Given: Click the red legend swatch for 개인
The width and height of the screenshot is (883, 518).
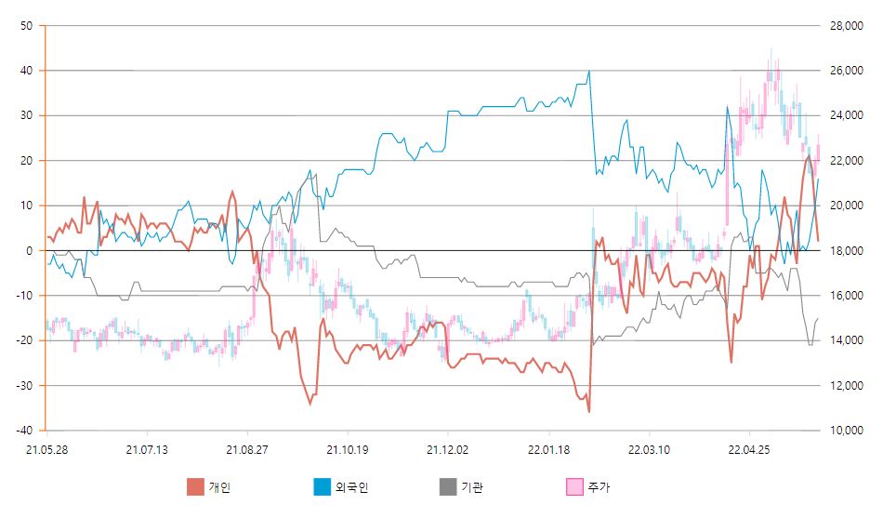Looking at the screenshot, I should (195, 486).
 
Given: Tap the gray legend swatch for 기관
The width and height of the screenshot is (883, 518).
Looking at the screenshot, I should (449, 486).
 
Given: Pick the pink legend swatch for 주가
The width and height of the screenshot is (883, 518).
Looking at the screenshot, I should (575, 486).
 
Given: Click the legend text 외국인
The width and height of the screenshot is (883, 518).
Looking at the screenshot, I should (351, 486).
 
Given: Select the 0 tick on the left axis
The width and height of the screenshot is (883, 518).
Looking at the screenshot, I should (31, 251).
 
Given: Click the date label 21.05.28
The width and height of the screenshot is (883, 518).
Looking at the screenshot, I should (46, 450).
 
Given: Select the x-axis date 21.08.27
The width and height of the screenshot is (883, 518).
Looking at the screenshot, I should (247, 450).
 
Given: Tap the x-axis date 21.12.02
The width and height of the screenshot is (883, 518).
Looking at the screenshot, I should (448, 450).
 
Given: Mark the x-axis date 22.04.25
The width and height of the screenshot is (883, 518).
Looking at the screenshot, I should (749, 450).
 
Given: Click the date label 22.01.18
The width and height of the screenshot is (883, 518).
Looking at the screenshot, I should (548, 450).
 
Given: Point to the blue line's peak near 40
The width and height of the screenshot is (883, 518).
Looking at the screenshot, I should (589, 71).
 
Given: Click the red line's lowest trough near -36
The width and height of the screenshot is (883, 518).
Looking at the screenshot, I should (588, 410).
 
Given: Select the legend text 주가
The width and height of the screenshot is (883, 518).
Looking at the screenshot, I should (600, 486).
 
